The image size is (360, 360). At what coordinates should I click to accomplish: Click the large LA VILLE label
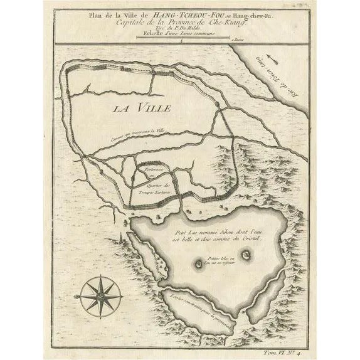[x=142, y=108]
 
